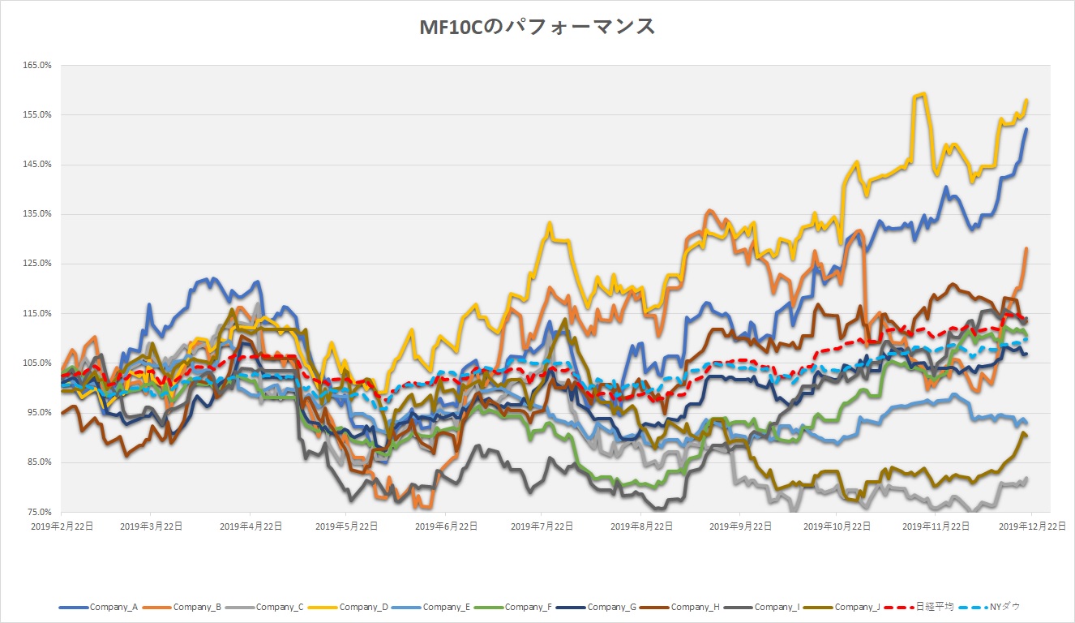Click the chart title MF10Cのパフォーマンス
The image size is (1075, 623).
[x=537, y=27]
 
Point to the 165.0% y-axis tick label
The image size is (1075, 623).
[x=37, y=65]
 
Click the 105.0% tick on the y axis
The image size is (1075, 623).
[x=37, y=363]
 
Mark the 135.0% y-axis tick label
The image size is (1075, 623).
[x=37, y=214]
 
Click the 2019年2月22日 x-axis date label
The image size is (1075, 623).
[x=62, y=526]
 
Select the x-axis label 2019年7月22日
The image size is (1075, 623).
[x=542, y=526]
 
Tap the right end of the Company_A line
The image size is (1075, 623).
[x=1027, y=129]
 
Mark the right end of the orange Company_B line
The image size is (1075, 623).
[x=1027, y=248]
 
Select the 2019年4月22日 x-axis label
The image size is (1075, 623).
[x=251, y=526]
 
